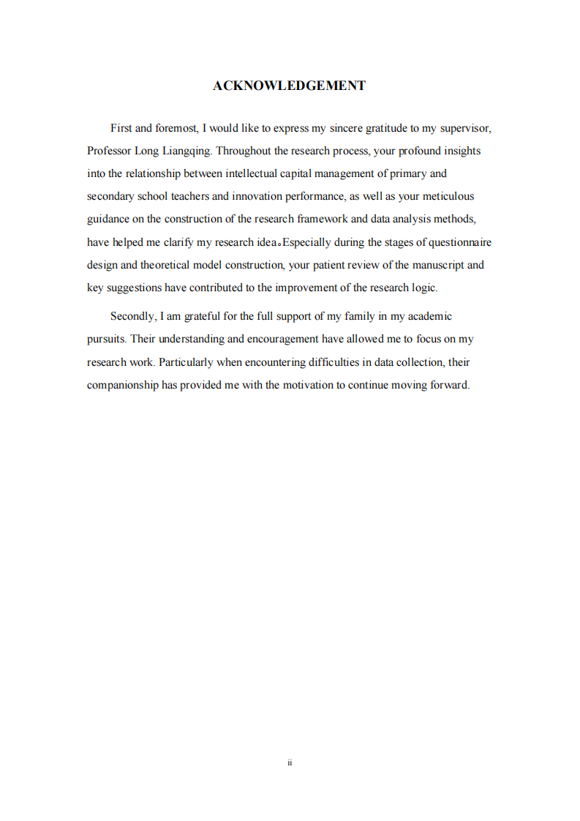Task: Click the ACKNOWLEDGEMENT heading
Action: tap(290, 86)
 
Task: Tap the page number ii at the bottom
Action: tap(290, 762)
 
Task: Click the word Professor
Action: tap(109, 151)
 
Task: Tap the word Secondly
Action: tap(132, 316)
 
